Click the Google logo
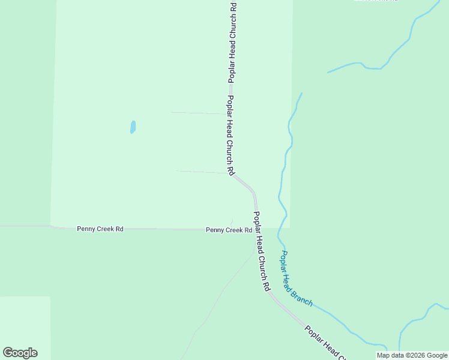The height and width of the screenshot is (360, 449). pyautogui.click(x=20, y=353)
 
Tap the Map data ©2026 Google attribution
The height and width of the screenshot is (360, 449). pyautogui.click(x=412, y=355)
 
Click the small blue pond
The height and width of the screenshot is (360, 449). pyautogui.click(x=133, y=127)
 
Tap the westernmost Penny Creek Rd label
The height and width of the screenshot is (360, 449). pyautogui.click(x=100, y=229)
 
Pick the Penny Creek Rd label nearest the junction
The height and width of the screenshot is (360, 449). pyautogui.click(x=229, y=230)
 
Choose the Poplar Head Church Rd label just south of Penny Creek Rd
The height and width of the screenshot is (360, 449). pyautogui.click(x=261, y=251)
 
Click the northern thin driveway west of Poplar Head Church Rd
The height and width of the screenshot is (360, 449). pyautogui.click(x=198, y=113)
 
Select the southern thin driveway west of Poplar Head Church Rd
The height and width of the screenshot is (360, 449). pyautogui.click(x=201, y=172)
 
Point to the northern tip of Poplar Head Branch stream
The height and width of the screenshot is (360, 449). pyautogui.click(x=301, y=94)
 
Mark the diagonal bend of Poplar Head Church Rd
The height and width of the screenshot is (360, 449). pyautogui.click(x=244, y=183)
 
